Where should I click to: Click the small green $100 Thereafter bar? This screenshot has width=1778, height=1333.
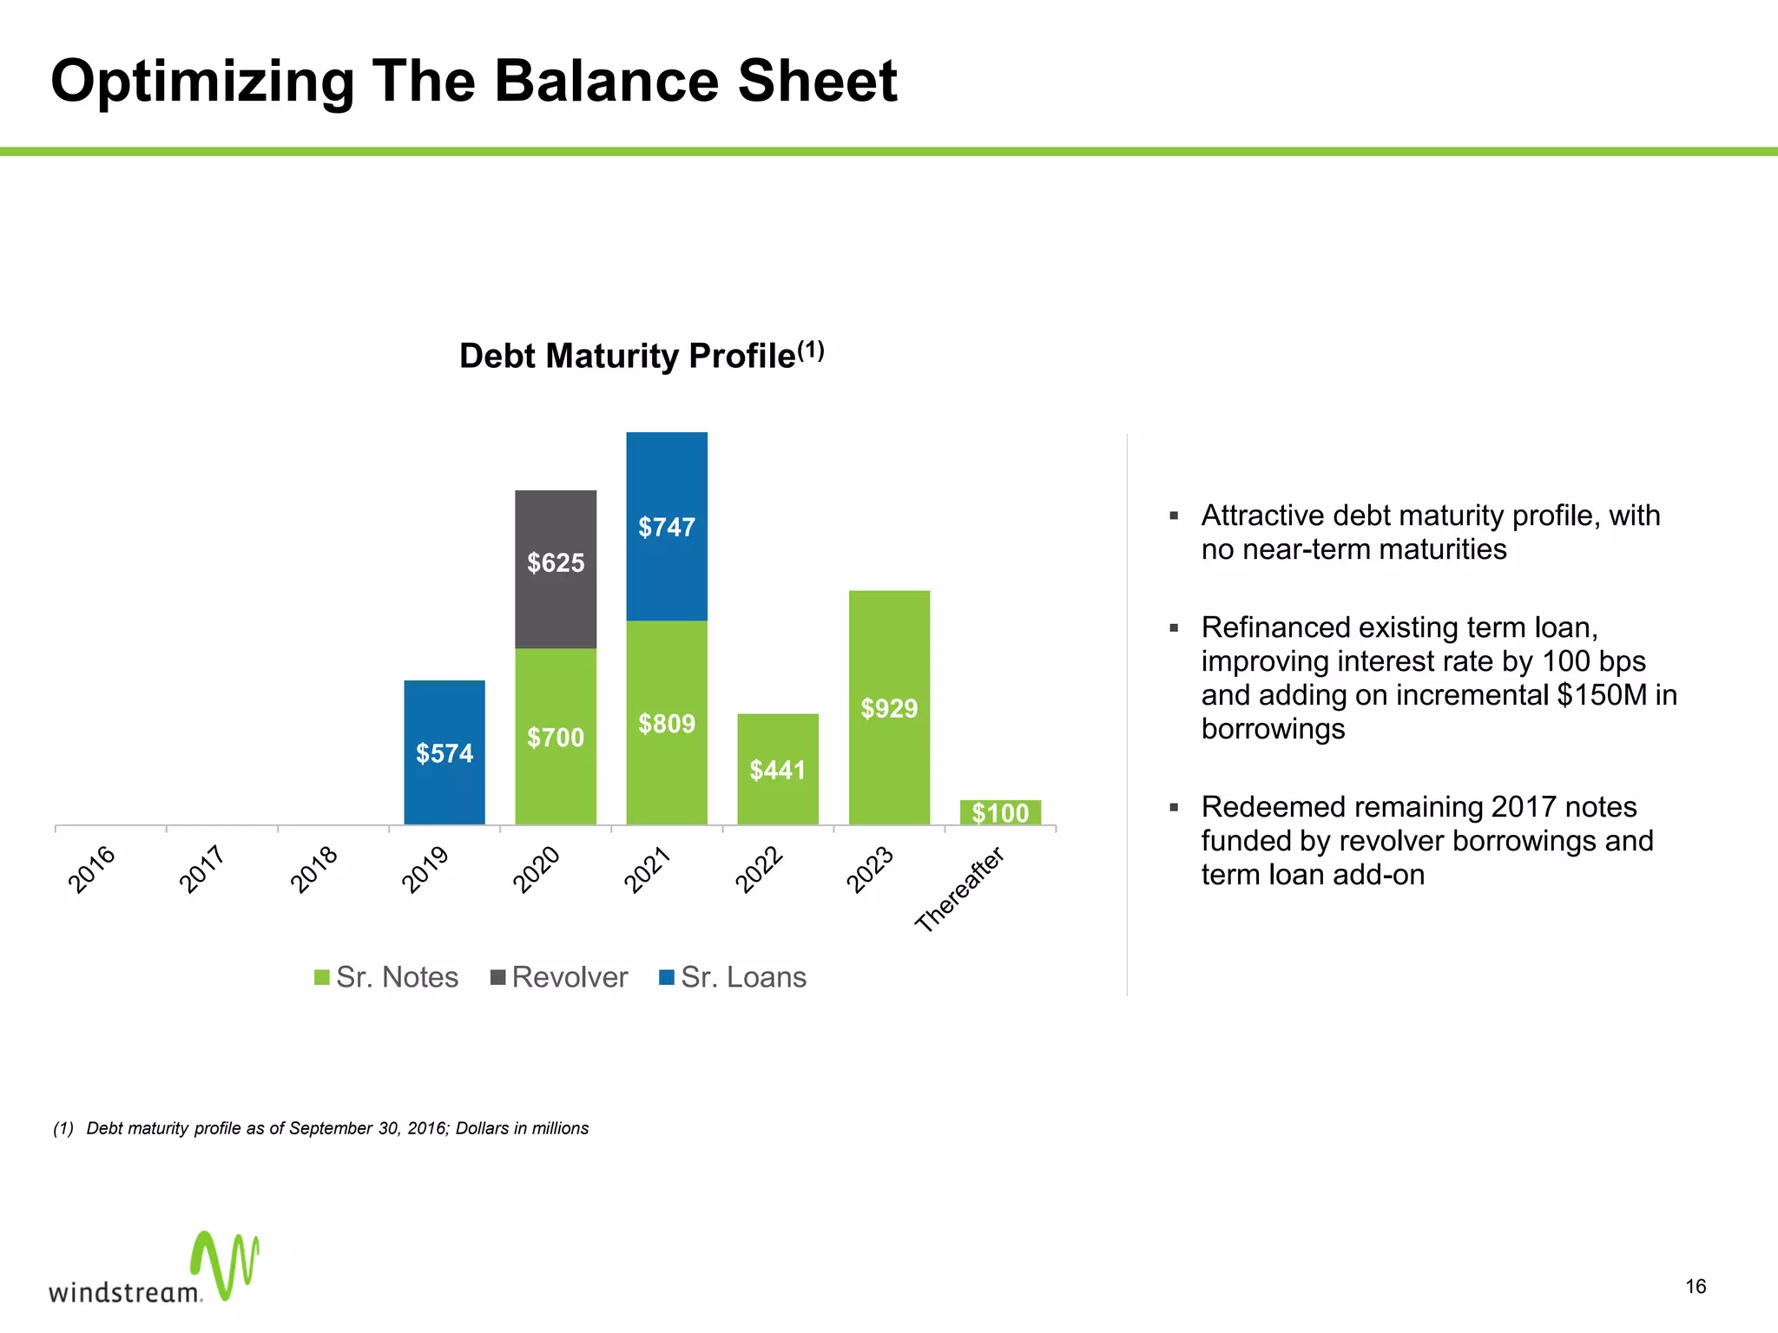pos(1000,812)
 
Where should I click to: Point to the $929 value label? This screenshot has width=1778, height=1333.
pos(889,709)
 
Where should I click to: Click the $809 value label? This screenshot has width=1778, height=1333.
pos(667,724)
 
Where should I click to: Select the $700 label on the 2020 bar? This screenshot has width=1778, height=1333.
pos(556,738)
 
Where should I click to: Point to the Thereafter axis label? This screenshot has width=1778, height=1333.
pos(959,890)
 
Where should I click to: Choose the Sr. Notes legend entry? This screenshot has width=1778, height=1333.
pos(386,977)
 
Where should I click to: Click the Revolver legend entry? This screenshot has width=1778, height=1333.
pos(559,977)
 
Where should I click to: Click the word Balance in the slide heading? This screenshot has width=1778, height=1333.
pos(607,82)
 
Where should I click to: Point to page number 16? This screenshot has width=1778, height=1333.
pos(1696,1286)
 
